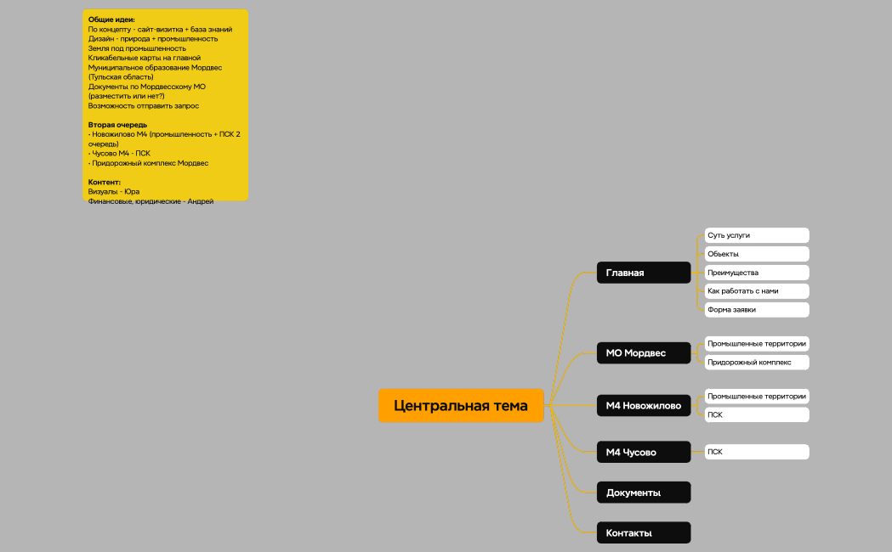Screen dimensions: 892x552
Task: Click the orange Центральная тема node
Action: click(x=461, y=405)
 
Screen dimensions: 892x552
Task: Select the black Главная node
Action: click(x=644, y=273)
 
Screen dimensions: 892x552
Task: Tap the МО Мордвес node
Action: click(x=644, y=352)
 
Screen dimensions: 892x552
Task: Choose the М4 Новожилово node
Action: click(x=644, y=405)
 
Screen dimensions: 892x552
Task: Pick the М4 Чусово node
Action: click(x=644, y=452)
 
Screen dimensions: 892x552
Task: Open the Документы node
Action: click(x=644, y=493)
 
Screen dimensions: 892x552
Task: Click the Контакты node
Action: click(x=644, y=532)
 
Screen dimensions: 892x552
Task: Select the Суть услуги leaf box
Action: click(x=757, y=235)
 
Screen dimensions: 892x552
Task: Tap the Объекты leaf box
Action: click(x=757, y=254)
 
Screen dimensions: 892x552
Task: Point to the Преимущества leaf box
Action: click(x=757, y=273)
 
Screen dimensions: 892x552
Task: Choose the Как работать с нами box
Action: click(x=757, y=290)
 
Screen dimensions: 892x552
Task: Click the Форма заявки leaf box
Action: click(x=757, y=309)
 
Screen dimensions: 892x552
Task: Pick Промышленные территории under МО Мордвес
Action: click(x=757, y=344)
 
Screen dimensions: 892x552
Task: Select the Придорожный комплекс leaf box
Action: click(x=757, y=363)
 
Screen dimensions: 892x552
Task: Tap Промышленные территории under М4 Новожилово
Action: click(x=757, y=397)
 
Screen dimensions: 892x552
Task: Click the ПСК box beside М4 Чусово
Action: click(x=757, y=452)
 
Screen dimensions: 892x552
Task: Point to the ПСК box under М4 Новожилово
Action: click(x=757, y=415)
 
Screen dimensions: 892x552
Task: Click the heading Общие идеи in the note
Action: click(x=111, y=20)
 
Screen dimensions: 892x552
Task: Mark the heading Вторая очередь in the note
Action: click(x=117, y=125)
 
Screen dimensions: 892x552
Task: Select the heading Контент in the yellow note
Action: click(x=104, y=183)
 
